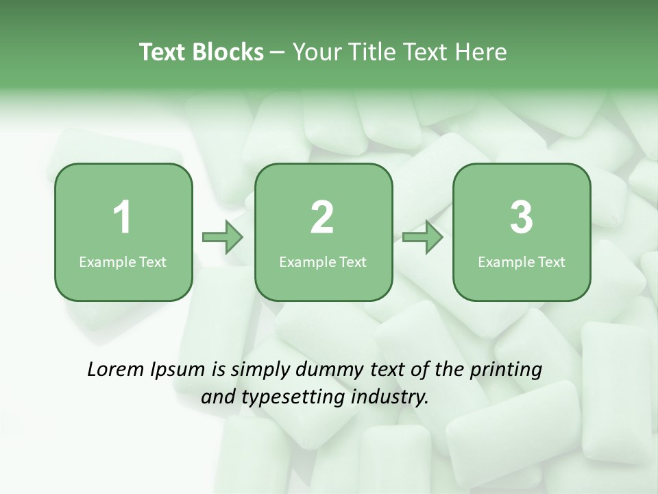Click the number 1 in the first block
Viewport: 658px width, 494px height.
pos(123,218)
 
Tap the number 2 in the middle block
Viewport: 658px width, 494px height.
pos(322,218)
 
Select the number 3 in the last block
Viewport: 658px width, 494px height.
pos(522,218)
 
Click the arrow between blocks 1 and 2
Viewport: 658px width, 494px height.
pos(223,237)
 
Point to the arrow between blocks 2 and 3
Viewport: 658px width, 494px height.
pos(423,237)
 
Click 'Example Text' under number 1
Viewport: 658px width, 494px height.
pos(123,261)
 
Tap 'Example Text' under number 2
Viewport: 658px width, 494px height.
pos(323,261)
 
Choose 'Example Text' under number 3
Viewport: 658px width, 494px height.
pos(522,261)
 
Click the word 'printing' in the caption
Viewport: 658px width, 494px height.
pos(506,370)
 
